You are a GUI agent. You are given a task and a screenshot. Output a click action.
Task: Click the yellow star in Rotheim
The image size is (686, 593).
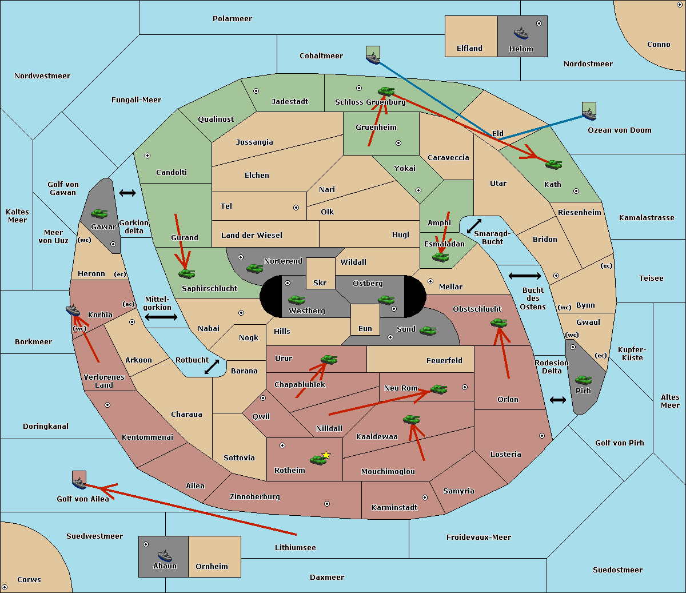[326, 455]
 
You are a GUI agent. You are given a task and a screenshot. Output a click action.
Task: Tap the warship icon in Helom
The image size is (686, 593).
[521, 33]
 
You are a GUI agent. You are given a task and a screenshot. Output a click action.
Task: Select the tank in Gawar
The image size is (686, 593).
[99, 213]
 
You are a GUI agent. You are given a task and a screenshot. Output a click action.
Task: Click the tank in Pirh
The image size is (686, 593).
[583, 380]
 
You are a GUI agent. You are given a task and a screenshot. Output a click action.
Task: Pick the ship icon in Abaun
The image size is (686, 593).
[165, 556]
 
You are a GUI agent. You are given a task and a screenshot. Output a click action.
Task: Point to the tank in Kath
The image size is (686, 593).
[553, 165]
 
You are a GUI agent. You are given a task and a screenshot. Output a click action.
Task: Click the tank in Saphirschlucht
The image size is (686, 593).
[186, 273]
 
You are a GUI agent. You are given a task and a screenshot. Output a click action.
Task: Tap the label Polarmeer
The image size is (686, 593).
[232, 19]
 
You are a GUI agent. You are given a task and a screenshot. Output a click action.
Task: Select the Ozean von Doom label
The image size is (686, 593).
[620, 130]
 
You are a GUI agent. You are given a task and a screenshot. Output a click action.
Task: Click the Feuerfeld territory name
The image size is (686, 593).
[444, 360]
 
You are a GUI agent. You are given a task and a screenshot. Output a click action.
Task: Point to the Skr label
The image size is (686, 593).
[320, 282]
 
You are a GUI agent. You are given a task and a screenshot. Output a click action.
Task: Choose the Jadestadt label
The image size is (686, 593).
[290, 102]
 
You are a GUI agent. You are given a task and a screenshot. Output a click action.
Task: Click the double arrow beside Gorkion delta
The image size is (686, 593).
[127, 193]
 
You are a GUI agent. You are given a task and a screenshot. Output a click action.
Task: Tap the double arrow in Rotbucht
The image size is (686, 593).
[212, 367]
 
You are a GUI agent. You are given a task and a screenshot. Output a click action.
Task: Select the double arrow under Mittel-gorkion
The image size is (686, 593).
[161, 317]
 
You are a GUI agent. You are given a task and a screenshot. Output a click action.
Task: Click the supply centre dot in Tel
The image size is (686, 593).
[296, 208]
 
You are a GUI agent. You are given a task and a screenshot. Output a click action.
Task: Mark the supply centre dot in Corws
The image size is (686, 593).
[5, 587]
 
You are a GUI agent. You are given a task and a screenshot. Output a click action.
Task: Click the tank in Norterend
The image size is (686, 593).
[254, 268]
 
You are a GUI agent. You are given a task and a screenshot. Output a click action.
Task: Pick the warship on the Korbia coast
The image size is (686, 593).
[73, 311]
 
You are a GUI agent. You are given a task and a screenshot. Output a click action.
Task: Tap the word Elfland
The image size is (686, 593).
[469, 49]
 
